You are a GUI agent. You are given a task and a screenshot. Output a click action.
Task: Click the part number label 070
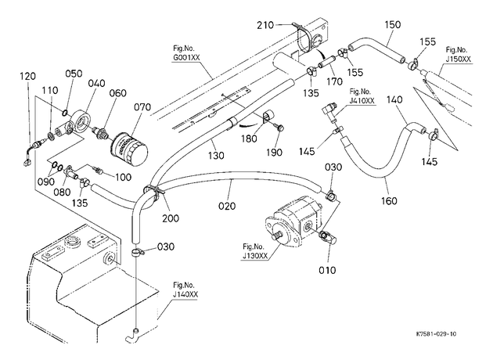click(x=142, y=107)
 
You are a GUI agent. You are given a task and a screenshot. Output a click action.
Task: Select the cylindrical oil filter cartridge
click(x=129, y=151)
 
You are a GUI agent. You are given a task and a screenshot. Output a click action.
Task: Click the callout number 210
click(x=265, y=25)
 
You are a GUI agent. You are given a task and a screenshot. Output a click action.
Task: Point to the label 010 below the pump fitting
click(x=327, y=270)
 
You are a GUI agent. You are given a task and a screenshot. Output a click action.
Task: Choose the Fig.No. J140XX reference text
click(x=185, y=290)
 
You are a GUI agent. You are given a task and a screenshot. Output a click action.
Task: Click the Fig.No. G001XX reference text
click(x=186, y=53)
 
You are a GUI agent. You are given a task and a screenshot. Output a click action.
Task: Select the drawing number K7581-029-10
click(x=436, y=334)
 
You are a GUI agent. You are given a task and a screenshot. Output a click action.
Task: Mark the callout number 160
click(x=389, y=200)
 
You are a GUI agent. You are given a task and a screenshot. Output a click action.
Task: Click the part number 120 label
click(x=27, y=76)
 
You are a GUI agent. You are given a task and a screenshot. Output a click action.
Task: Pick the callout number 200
click(x=171, y=218)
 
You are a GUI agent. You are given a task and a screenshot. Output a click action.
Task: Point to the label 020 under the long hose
click(x=227, y=206)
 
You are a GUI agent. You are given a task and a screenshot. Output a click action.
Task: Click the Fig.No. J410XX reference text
click(x=362, y=96)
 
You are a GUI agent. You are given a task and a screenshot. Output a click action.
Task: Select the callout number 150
click(x=392, y=24)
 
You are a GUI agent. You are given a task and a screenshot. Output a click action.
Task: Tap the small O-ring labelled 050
click(x=64, y=113)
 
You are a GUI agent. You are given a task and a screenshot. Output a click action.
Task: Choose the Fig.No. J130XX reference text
click(x=255, y=251)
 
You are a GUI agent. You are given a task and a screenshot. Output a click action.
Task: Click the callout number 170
click(x=334, y=81)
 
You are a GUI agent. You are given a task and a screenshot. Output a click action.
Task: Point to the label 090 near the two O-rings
click(x=46, y=182)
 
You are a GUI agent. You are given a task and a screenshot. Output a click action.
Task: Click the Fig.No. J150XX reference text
click(x=458, y=55)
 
